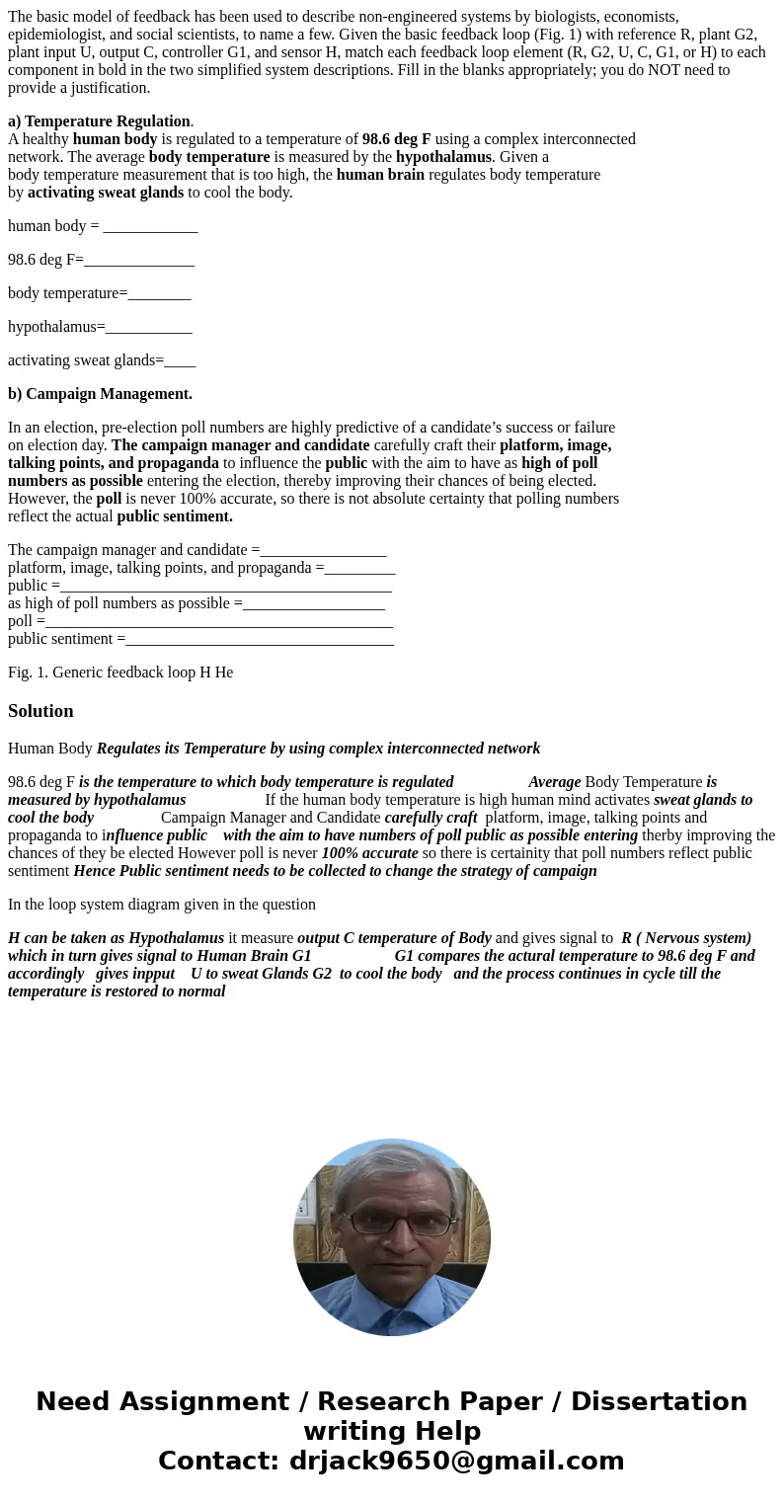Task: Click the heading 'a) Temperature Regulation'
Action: (99, 121)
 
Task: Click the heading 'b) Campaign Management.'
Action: (100, 394)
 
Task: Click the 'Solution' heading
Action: (40, 711)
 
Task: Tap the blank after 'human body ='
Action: (150, 226)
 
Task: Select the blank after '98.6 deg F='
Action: (139, 260)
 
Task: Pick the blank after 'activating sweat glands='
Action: (180, 360)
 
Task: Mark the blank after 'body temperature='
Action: (159, 293)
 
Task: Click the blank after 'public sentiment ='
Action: (260, 639)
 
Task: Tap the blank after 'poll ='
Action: (218, 621)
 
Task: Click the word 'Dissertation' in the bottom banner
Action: (659, 1401)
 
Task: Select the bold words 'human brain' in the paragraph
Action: (380, 175)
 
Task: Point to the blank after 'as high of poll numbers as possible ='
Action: (313, 603)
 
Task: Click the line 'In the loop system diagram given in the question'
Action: (162, 905)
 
